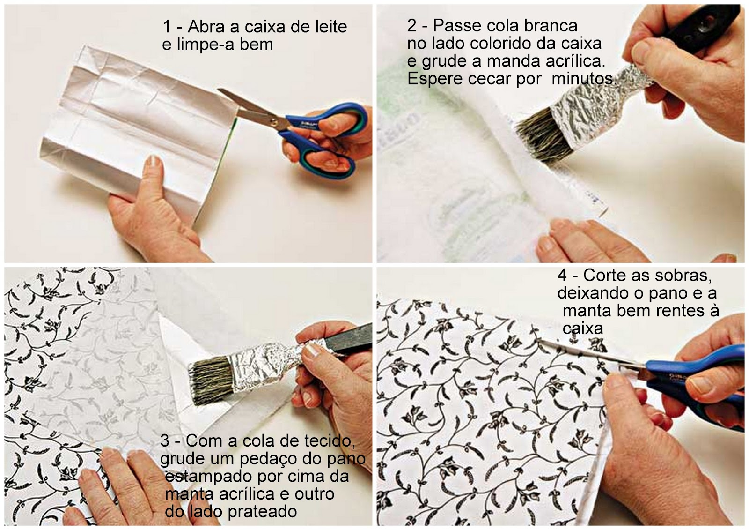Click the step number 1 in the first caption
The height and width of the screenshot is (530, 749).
[x=167, y=27]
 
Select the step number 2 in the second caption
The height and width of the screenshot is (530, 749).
[x=412, y=26]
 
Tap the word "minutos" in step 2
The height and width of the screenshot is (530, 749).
[x=583, y=79]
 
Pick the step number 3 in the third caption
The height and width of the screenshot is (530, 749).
[x=165, y=441]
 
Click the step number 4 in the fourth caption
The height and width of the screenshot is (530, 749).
[x=562, y=276]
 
